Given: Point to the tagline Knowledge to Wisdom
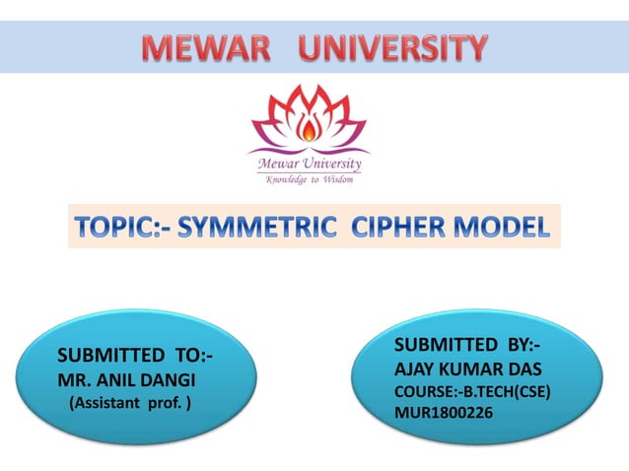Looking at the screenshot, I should point(309,179).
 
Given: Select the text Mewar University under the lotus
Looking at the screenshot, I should point(309,164).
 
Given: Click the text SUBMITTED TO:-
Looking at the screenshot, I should point(136,355).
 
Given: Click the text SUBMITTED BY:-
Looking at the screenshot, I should point(467,345).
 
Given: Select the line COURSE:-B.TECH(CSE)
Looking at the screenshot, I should point(471,391).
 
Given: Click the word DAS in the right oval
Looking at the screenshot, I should point(524,369).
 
